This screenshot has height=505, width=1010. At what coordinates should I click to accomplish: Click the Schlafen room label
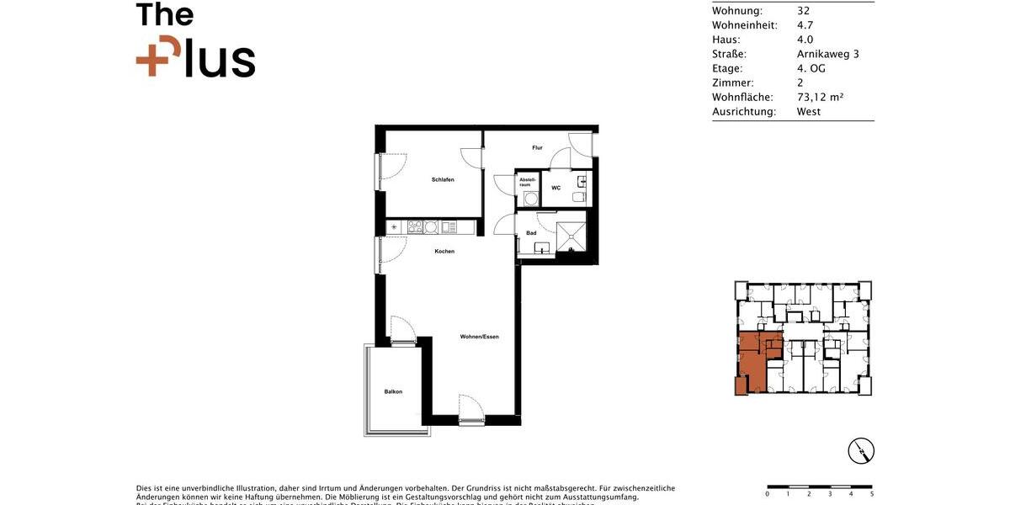click(x=443, y=180)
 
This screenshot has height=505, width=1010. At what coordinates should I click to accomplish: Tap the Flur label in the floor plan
click(x=537, y=148)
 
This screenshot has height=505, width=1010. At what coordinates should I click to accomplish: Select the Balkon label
click(x=393, y=391)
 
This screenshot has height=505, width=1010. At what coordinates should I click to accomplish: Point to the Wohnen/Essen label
click(x=479, y=337)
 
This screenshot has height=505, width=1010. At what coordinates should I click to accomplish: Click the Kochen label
click(x=444, y=252)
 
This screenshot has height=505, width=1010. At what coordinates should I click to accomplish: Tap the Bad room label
click(x=531, y=233)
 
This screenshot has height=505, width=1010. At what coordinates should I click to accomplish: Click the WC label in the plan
click(x=555, y=188)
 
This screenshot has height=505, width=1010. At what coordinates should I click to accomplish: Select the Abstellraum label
click(x=527, y=181)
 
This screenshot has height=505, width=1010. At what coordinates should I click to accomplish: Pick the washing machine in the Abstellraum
click(x=529, y=199)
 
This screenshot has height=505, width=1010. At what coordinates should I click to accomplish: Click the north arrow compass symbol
click(x=861, y=451)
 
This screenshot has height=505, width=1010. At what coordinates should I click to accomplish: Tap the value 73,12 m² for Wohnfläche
click(x=820, y=97)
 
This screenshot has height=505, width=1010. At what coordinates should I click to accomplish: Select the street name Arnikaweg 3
click(x=827, y=54)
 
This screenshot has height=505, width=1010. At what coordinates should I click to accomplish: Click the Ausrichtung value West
click(x=808, y=111)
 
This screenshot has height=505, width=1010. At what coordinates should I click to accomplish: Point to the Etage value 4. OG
click(x=811, y=68)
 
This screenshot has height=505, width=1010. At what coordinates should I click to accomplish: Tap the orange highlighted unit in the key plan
click(x=754, y=362)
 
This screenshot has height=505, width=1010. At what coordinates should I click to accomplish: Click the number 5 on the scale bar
click(x=871, y=495)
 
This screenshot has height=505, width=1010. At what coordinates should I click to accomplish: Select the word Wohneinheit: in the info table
click(x=744, y=25)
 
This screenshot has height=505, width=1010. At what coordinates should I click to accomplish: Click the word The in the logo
click(x=165, y=15)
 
